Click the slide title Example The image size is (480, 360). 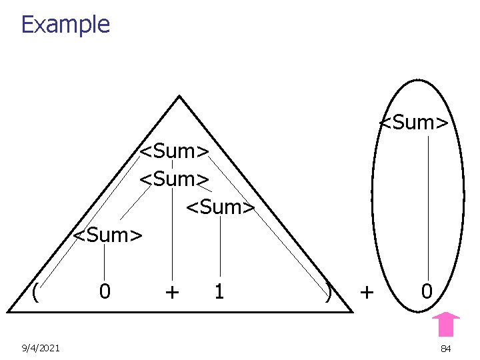pyautogui.click(x=65, y=25)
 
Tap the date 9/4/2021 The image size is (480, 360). pyautogui.click(x=41, y=348)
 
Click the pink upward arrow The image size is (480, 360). pyautogui.click(x=446, y=324)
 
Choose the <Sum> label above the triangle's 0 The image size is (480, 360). pyautogui.click(x=107, y=235)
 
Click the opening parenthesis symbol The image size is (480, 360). pyautogui.click(x=33, y=291)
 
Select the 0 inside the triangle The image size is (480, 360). pyautogui.click(x=105, y=291)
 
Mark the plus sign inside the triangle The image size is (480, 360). pyautogui.click(x=171, y=291)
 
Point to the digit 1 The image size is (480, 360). pyautogui.click(x=219, y=291)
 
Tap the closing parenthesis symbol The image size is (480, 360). pyautogui.click(x=329, y=291)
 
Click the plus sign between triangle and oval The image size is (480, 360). pyautogui.click(x=367, y=291)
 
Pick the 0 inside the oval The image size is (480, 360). pyautogui.click(x=427, y=291)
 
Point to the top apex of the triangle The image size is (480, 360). pyautogui.click(x=179, y=97)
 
